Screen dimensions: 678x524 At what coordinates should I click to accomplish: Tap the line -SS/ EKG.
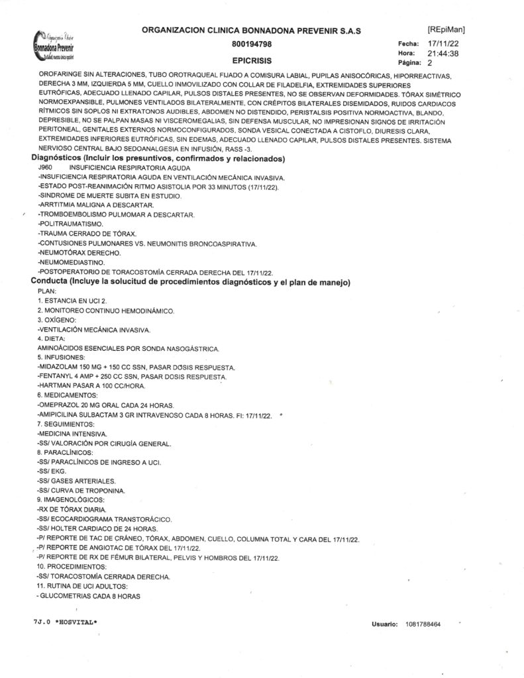tap(56, 470)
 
